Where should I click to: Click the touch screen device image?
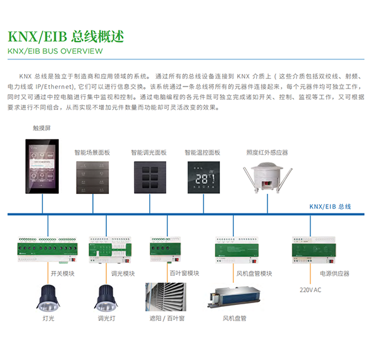pos(42,166)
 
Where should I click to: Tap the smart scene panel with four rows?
pos(92,177)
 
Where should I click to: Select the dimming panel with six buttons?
pos(150,177)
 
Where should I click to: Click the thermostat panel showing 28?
pos(204,177)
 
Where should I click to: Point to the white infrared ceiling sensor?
pos(267,177)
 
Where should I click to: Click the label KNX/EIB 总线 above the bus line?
pos(330,207)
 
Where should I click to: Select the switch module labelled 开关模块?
pos(48,249)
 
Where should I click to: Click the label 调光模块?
pos(123,273)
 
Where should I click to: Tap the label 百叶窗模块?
pos(185,273)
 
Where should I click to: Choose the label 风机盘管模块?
pos(254,273)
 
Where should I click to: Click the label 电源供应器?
pos(334,273)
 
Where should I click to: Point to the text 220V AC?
pos(310,290)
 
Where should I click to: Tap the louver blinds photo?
pos(166,297)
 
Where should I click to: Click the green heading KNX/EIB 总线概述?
pos(66,37)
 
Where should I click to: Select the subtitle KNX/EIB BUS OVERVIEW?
pos(55,51)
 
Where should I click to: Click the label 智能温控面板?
pos(202,152)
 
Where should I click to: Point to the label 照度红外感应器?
pos(267,152)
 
